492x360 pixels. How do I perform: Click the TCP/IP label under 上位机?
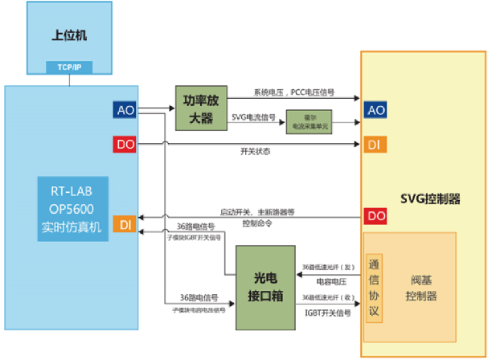(x=69, y=67)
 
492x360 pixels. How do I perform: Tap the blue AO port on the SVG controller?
(x=375, y=110)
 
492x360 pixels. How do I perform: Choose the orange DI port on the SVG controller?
(x=375, y=145)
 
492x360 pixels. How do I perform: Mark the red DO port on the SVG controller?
(x=375, y=215)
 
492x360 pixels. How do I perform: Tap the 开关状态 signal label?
(x=256, y=152)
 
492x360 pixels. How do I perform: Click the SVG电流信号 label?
(x=254, y=117)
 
